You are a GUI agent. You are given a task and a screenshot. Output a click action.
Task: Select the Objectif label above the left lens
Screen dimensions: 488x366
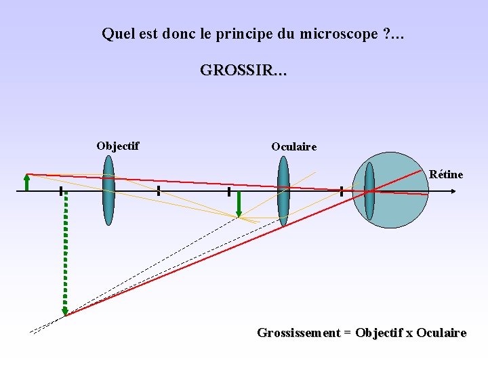pyautogui.click(x=118, y=146)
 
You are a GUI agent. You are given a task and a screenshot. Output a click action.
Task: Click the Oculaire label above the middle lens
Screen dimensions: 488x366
pyautogui.click(x=293, y=146)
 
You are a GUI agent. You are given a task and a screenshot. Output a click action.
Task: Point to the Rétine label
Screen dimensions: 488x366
pyautogui.click(x=446, y=174)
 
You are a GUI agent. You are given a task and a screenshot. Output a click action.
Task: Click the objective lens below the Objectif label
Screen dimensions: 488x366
pyautogui.click(x=108, y=190)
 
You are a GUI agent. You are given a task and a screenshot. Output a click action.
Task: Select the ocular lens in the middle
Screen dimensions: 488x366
pyautogui.click(x=283, y=191)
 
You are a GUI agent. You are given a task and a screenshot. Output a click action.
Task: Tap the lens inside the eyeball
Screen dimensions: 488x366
pyautogui.click(x=369, y=191)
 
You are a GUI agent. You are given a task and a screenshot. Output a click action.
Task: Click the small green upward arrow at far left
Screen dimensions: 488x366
pyautogui.click(x=26, y=182)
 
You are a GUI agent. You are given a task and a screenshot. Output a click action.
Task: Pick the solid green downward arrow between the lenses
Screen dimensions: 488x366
pyautogui.click(x=239, y=204)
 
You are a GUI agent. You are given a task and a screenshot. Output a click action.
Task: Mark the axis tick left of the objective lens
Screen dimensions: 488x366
pyautogui.click(x=60, y=191)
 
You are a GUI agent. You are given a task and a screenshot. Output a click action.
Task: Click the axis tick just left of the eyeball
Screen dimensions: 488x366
pyautogui.click(x=341, y=192)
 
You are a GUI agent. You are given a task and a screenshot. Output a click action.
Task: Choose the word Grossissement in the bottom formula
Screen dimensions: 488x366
pyautogui.click(x=298, y=333)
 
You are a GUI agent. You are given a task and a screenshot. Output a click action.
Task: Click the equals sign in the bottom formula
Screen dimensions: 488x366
pyautogui.click(x=348, y=333)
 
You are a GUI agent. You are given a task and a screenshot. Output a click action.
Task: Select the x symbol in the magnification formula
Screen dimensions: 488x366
pyautogui.click(x=409, y=333)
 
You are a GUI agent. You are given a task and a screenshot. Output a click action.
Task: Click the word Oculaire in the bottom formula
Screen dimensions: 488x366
pyautogui.click(x=441, y=333)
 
